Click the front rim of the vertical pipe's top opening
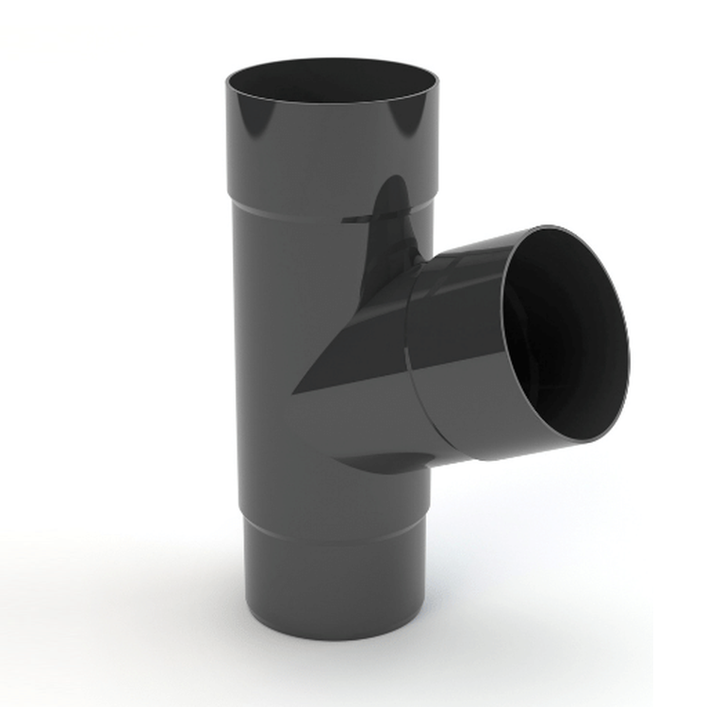pyautogui.click(x=331, y=101)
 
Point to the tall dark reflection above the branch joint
pyautogui.click(x=391, y=217)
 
